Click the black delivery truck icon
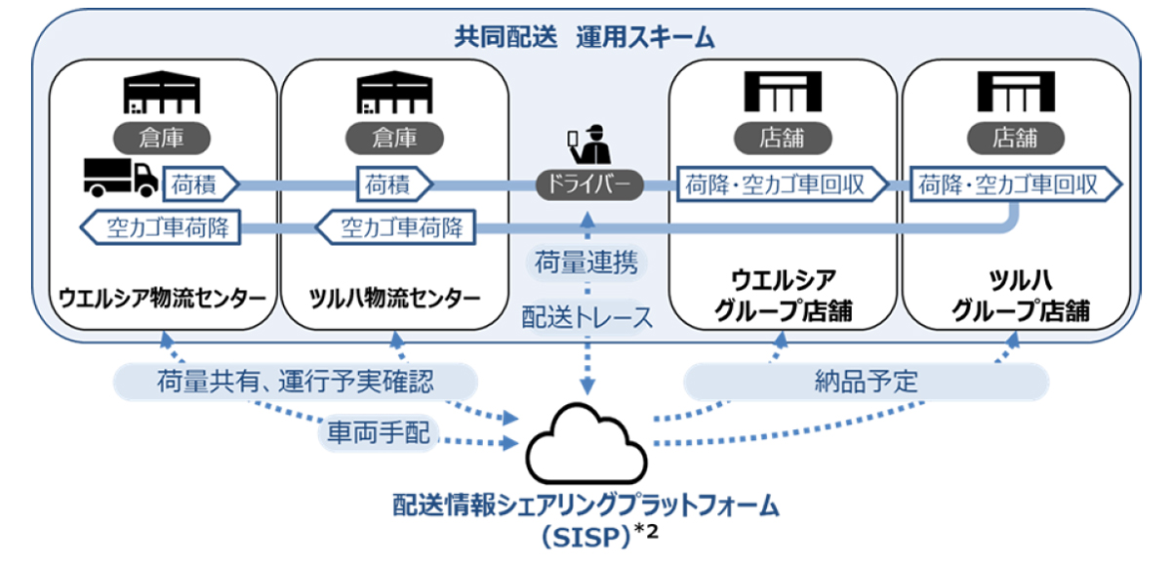click(121, 179)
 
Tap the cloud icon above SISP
click(586, 444)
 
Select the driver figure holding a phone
click(589, 144)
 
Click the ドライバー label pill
click(589, 184)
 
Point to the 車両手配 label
click(379, 432)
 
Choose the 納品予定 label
click(867, 382)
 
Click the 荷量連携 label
click(586, 262)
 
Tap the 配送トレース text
click(587, 317)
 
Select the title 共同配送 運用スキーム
click(585, 37)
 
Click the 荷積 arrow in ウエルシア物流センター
click(201, 184)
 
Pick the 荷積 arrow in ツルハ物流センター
click(394, 184)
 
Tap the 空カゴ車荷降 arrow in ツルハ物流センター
click(395, 227)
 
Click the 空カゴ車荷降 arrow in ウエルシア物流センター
click(160, 227)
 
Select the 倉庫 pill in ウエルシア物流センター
click(162, 138)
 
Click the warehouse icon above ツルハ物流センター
click(394, 92)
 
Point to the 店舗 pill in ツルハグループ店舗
click(1015, 138)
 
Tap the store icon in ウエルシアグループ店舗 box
click(783, 92)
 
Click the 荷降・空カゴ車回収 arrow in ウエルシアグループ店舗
click(783, 184)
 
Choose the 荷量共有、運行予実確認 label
click(296, 382)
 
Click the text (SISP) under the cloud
click(586, 537)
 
